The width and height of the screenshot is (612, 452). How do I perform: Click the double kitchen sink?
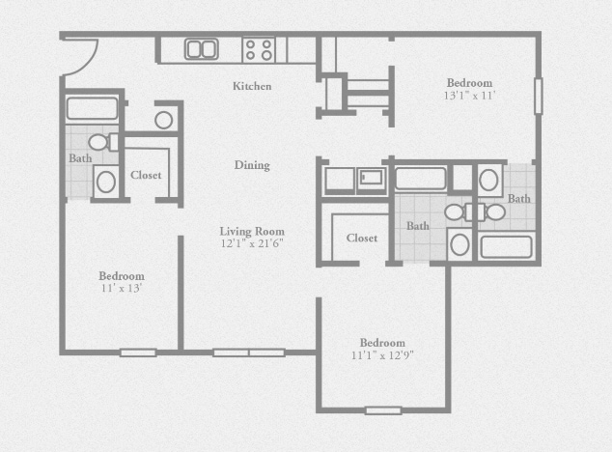(202, 48)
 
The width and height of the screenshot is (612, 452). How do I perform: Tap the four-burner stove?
(259, 48)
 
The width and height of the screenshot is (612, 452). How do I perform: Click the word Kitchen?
(252, 86)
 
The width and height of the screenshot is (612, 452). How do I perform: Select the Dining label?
(252, 165)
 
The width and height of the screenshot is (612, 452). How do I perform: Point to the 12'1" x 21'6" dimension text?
(252, 244)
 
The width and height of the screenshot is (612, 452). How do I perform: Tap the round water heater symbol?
(164, 120)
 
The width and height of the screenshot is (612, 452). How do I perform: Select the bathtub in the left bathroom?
(92, 107)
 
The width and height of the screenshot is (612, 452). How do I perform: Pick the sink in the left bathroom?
(104, 181)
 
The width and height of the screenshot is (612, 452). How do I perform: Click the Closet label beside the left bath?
(146, 176)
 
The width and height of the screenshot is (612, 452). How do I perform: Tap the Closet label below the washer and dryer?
(362, 238)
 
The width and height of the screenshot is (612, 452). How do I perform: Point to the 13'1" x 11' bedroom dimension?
(468, 96)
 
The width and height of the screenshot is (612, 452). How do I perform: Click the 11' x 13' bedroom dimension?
(122, 288)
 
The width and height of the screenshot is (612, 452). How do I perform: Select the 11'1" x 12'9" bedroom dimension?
(382, 355)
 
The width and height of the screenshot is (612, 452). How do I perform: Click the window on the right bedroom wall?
(538, 97)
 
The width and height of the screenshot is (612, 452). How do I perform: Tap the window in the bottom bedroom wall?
(383, 410)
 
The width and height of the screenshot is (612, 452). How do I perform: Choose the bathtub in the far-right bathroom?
(506, 246)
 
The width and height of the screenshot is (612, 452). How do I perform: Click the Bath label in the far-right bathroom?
(519, 199)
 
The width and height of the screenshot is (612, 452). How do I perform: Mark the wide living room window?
(249, 353)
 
